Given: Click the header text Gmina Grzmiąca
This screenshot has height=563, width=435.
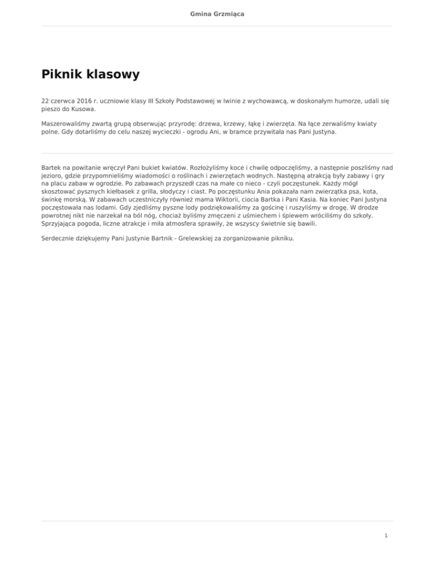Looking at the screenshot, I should (x=217, y=13).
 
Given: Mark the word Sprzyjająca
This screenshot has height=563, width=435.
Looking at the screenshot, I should (x=61, y=224).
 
